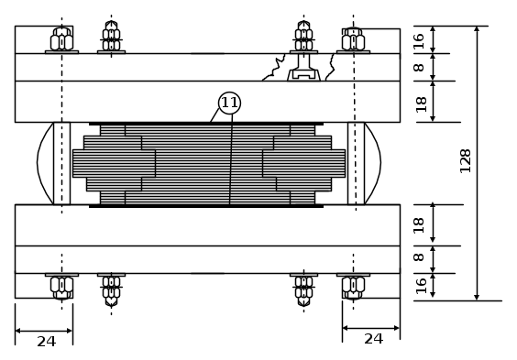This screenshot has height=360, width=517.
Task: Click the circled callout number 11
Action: (229, 103)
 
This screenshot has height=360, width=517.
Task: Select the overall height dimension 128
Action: (466, 160)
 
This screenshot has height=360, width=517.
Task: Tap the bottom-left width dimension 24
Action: (46, 342)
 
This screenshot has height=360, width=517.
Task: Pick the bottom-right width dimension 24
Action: (374, 339)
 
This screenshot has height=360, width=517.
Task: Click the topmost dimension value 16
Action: (419, 41)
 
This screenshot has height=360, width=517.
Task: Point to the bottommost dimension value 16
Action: (421, 286)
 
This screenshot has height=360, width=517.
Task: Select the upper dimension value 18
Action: (421, 104)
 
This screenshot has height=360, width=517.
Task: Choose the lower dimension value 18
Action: (419, 225)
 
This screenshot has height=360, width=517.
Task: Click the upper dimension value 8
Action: (419, 67)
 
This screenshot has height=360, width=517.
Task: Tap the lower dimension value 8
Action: (419, 256)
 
